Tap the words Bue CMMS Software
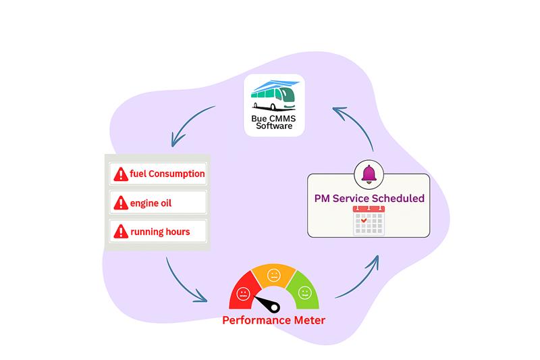tap(274, 122)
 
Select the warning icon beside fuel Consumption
tap(121, 174)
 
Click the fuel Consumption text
tap(167, 174)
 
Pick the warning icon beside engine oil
tap(121, 203)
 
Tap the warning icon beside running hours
tap(121, 231)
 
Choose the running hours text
tap(160, 232)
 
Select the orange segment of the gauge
tap(273, 274)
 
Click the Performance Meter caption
tap(273, 319)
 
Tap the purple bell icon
tap(369, 174)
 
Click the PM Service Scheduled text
tap(369, 199)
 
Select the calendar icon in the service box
tap(369, 221)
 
